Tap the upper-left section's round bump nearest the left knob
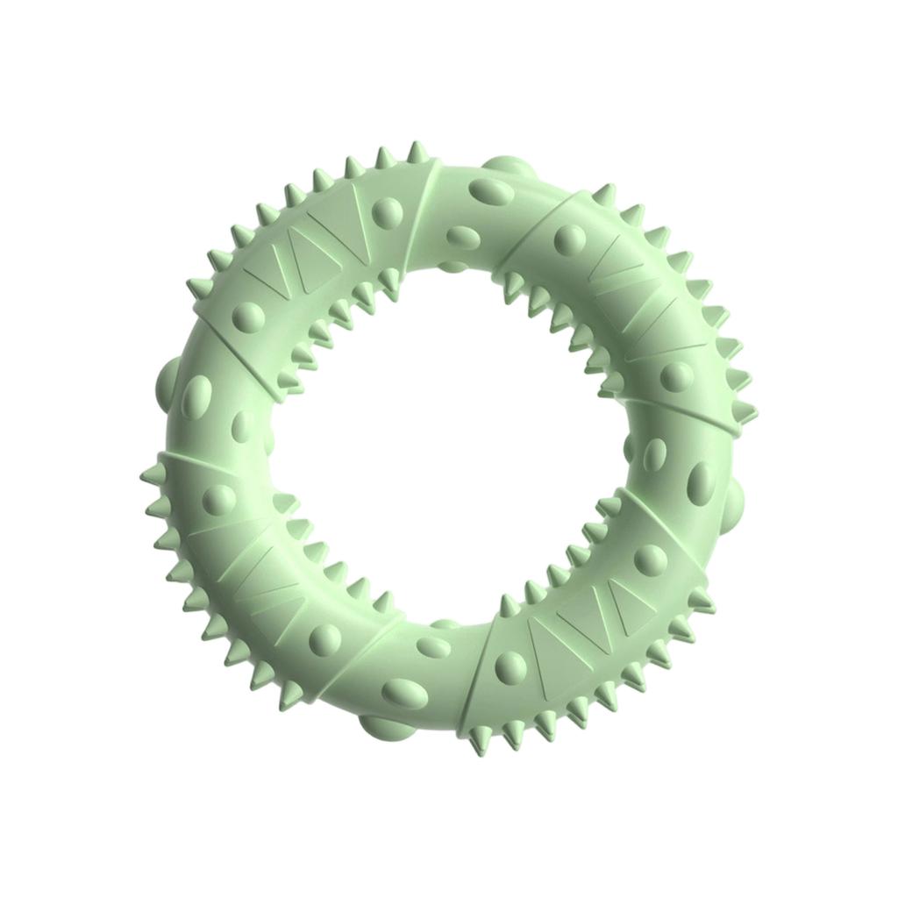pos(248,314)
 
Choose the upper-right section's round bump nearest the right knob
pos(676,376)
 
